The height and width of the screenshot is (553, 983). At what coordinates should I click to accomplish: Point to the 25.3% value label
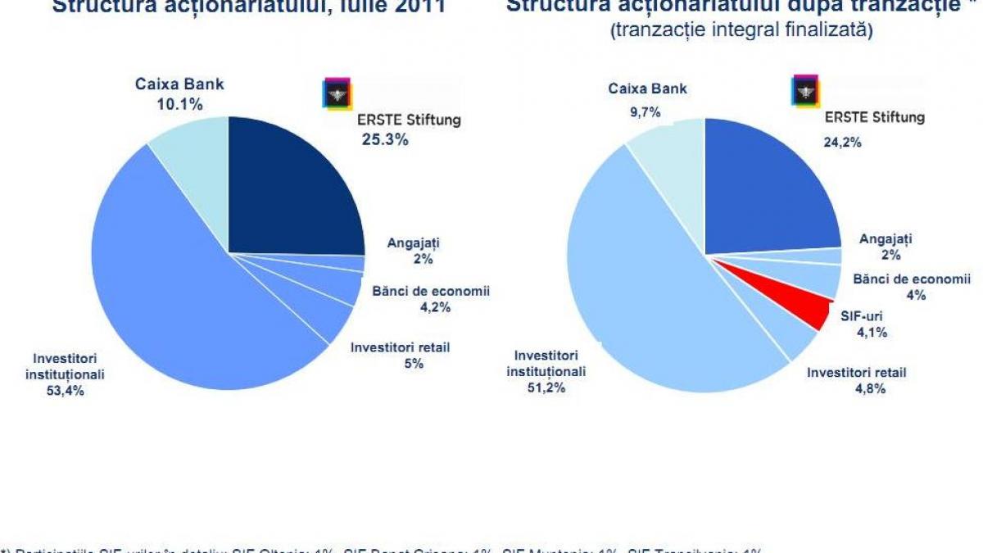385,139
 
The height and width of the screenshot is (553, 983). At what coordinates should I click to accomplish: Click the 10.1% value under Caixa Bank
179,104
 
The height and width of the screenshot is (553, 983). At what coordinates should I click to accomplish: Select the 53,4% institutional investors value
69,391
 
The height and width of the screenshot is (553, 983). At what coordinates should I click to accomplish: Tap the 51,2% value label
546,388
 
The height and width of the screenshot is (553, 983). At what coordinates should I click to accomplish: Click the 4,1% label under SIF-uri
871,333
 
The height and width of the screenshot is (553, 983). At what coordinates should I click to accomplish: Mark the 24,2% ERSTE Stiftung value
842,141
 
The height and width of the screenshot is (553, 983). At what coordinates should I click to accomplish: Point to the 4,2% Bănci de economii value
434,307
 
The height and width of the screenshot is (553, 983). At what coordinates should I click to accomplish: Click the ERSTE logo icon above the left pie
337,93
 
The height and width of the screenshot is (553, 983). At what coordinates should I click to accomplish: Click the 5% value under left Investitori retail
413,364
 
